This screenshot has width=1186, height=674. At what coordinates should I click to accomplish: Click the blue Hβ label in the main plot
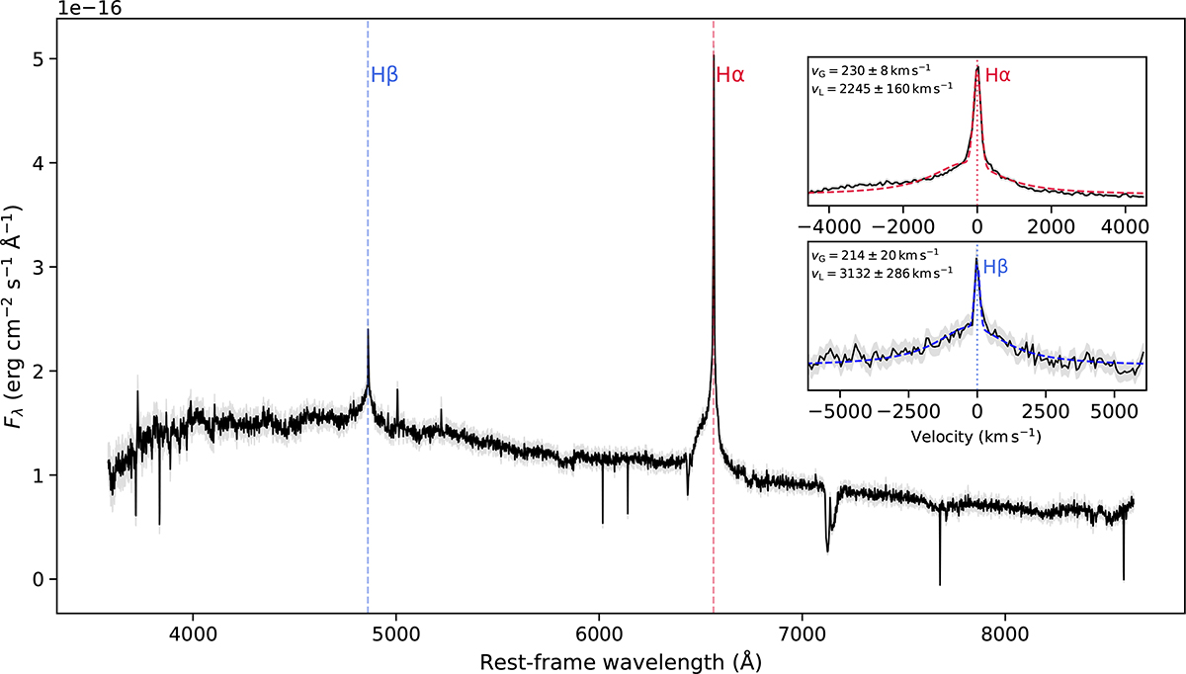point(383,74)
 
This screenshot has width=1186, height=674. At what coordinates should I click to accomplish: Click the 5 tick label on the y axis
point(40,59)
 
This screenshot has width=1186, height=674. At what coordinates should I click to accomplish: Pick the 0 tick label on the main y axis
point(40,579)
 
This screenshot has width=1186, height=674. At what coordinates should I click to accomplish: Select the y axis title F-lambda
point(16,319)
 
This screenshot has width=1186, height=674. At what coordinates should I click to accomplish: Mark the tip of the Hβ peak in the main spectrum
point(368,330)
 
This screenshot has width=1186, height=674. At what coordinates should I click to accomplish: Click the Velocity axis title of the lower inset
point(976,434)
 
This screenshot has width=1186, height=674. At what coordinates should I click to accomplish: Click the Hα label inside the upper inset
point(998,74)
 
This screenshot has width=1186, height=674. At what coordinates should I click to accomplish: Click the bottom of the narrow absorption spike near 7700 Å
point(939,585)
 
